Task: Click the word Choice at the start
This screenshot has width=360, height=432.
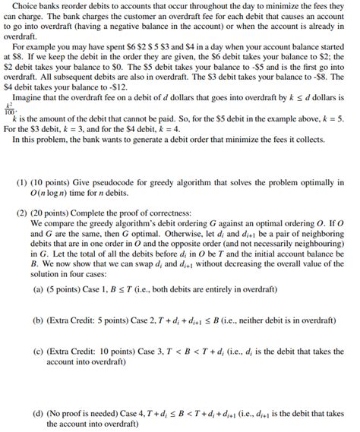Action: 29,6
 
